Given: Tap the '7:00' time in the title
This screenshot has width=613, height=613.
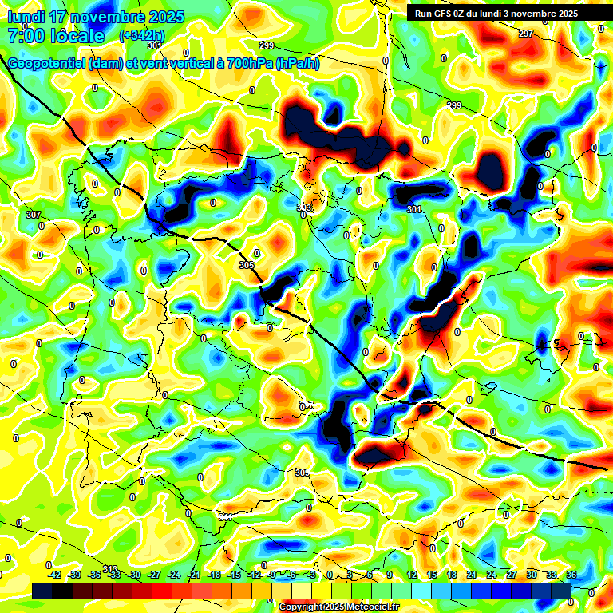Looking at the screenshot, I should pyautogui.click(x=25, y=36).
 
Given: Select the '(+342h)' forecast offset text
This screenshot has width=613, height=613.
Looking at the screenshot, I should pyautogui.click(x=141, y=35).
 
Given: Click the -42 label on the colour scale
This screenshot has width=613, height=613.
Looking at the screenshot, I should pyautogui.click(x=55, y=575).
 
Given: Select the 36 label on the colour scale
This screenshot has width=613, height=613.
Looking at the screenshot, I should pyautogui.click(x=571, y=575).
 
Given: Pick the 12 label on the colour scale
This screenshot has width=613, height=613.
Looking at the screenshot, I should pyautogui.click(x=412, y=575).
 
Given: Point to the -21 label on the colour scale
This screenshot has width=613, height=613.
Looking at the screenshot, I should pyautogui.click(x=194, y=575).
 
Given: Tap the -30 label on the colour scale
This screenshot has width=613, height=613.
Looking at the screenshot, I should pyautogui.click(x=135, y=575).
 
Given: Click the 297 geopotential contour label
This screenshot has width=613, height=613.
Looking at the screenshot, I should pyautogui.click(x=525, y=34).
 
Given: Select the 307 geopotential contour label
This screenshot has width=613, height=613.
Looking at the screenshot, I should pyautogui.click(x=33, y=216).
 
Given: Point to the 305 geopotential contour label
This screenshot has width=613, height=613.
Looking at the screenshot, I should pyautogui.click(x=246, y=265).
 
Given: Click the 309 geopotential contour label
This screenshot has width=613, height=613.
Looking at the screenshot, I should pyautogui.click(x=302, y=473).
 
